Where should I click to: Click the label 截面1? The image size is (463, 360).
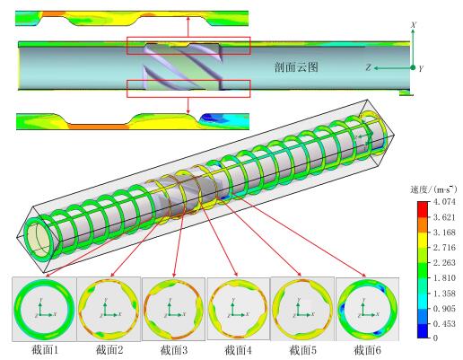click(44, 350)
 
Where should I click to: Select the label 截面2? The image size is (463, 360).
click(109, 350)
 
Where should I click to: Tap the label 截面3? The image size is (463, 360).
click(174, 350)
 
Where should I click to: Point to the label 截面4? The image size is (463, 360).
click(239, 350)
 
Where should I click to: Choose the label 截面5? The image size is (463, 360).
click(303, 350)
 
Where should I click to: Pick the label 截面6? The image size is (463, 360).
click(368, 350)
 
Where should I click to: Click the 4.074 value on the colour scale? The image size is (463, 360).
click(444, 201)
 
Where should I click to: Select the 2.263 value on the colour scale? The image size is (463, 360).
click(444, 262)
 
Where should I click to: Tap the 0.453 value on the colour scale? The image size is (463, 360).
click(444, 323)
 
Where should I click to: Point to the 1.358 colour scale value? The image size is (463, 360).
click(444, 294)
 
